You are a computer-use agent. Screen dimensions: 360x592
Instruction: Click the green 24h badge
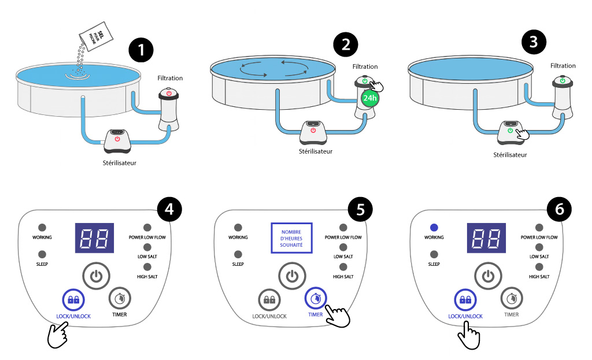pos(368,98)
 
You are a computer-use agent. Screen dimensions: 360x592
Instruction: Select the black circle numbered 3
pos(533,42)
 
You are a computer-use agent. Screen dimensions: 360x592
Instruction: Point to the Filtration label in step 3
pos(563,66)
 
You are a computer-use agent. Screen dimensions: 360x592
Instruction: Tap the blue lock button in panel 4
pos(73,300)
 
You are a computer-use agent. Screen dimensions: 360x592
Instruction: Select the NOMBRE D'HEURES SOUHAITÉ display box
pos(292,238)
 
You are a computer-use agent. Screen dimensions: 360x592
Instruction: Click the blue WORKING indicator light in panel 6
pos(434,228)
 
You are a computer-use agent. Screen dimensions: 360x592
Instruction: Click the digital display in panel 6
pos(487,237)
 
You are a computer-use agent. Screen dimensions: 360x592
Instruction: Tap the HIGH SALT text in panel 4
pos(147,277)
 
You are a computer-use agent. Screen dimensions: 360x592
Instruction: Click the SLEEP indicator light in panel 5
pos(238,254)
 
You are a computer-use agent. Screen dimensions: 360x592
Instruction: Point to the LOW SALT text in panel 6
pos(539,257)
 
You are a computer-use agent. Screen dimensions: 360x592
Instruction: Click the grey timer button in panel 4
pos(120,298)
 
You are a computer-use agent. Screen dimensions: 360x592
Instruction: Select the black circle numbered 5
pos(361,210)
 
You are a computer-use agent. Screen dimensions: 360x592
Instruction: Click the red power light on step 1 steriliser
pos(117,139)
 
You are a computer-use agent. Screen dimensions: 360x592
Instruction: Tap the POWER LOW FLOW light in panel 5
pos(343,228)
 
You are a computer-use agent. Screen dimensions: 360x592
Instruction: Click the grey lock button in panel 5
pos(269,299)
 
